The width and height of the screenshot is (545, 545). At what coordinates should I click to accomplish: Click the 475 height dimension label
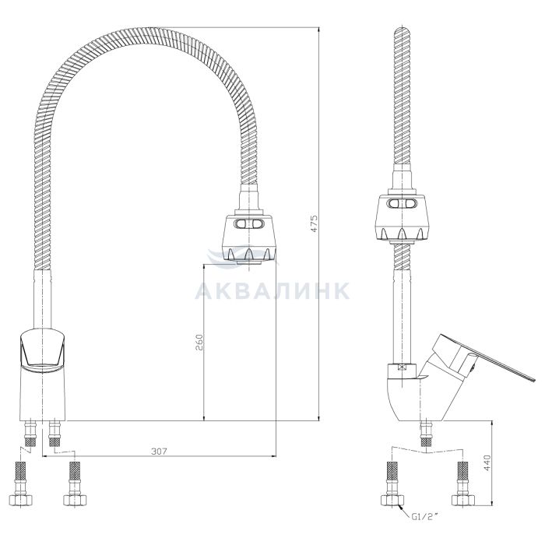pos(314,223)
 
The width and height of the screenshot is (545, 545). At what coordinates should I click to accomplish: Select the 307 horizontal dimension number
pos(159,451)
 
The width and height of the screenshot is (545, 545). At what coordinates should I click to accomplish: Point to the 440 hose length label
pos(487,462)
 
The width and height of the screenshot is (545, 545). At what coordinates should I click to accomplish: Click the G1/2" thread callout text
pos(424,517)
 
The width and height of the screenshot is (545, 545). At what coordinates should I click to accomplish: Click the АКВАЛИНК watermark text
pos(272,291)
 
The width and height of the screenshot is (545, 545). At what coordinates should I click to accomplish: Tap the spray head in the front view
pos(249,237)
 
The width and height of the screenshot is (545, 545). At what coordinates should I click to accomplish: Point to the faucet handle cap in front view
pos(42,350)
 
